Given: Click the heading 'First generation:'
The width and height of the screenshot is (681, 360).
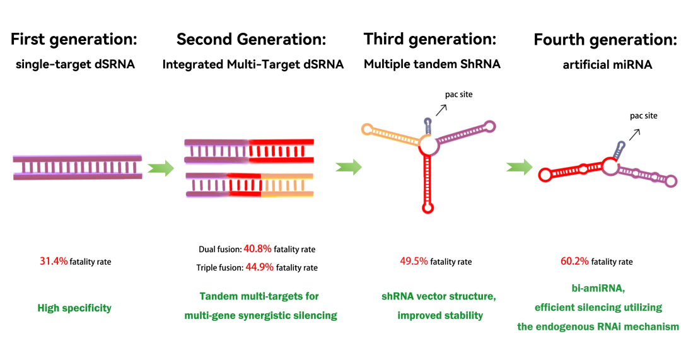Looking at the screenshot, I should click(x=73, y=39).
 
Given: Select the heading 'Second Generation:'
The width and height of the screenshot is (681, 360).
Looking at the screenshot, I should click(x=251, y=39).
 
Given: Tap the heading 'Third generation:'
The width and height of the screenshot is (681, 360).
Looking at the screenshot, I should click(x=430, y=39).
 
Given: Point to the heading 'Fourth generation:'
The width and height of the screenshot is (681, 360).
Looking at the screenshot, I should click(x=605, y=40).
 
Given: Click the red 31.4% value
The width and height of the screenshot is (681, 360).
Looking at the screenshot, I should click(x=54, y=261).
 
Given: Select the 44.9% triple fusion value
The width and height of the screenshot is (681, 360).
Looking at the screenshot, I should click(x=259, y=267).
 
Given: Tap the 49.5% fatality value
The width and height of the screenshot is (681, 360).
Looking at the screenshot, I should click(x=414, y=261).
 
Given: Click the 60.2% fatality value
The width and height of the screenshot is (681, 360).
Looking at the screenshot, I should click(x=574, y=261).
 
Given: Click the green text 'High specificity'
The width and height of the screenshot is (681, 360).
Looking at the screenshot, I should click(x=74, y=308).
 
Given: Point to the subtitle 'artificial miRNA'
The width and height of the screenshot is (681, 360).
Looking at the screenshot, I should click(x=605, y=64).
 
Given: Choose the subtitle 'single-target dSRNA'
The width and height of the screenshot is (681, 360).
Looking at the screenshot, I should click(x=74, y=64).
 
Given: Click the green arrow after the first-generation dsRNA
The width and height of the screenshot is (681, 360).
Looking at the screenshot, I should click(x=160, y=168).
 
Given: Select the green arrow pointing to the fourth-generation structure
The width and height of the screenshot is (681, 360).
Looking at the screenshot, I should click(x=519, y=168).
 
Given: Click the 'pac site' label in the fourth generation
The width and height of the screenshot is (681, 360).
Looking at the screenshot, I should click(x=643, y=116).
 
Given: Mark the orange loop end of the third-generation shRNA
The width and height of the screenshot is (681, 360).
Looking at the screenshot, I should click(x=367, y=129).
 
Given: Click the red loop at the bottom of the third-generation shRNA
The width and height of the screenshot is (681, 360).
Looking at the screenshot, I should click(x=428, y=206).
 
